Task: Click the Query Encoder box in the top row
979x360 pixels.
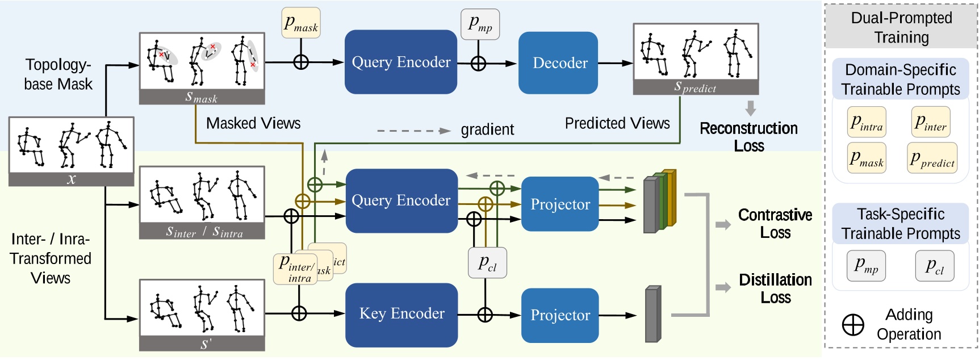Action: [401, 62]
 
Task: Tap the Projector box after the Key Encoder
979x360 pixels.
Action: [560, 316]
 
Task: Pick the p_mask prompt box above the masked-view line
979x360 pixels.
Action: [301, 23]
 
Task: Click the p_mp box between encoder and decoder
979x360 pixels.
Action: [480, 24]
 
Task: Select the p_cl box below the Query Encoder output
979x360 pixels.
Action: [487, 263]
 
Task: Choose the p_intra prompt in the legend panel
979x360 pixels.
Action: [867, 122]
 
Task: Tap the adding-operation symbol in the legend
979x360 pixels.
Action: [853, 325]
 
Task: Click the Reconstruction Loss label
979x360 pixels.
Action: [748, 137]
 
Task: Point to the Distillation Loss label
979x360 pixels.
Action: [775, 288]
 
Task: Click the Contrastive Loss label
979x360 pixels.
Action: [775, 224]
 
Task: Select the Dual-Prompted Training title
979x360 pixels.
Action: [901, 27]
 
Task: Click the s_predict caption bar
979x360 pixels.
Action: [696, 87]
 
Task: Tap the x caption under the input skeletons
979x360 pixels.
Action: [71, 179]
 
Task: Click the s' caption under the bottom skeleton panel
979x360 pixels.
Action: [202, 344]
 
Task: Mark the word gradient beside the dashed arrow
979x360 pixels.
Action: [487, 130]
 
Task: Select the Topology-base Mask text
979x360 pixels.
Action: [58, 74]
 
